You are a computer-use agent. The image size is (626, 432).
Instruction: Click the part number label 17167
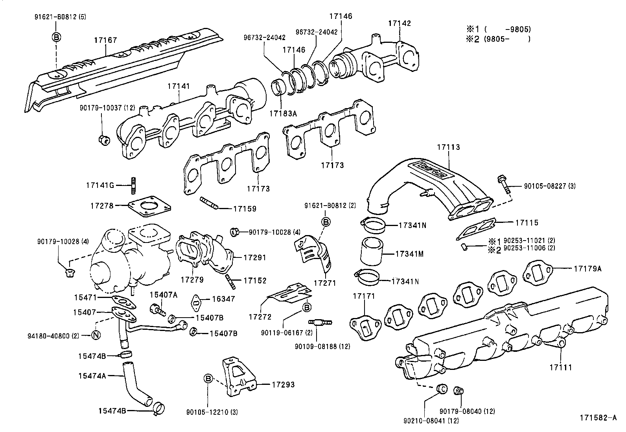pyautogui.click(x=105, y=40)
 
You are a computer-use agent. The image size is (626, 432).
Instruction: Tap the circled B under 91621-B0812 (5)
pyautogui.click(x=56, y=37)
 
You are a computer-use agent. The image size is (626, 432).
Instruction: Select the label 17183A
pyautogui.click(x=283, y=113)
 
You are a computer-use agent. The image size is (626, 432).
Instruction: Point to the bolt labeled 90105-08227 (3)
pyautogui.click(x=504, y=184)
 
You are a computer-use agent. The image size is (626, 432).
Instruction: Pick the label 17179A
pyautogui.click(x=587, y=269)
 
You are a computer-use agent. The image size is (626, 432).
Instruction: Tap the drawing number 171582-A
pyautogui.click(x=597, y=418)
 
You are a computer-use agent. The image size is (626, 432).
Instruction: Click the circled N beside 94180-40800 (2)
pyautogui.click(x=96, y=335)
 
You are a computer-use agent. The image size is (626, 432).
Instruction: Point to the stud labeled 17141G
pyautogui.click(x=133, y=185)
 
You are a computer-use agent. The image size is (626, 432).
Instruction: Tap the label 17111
pyautogui.click(x=561, y=367)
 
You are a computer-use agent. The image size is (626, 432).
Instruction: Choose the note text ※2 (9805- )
pyautogui.click(x=498, y=39)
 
